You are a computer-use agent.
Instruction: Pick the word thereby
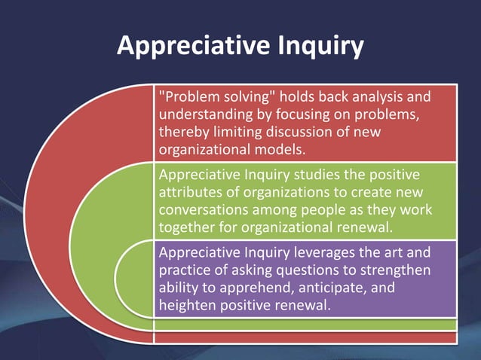(184, 131)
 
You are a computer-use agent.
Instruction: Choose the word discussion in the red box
(310, 131)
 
